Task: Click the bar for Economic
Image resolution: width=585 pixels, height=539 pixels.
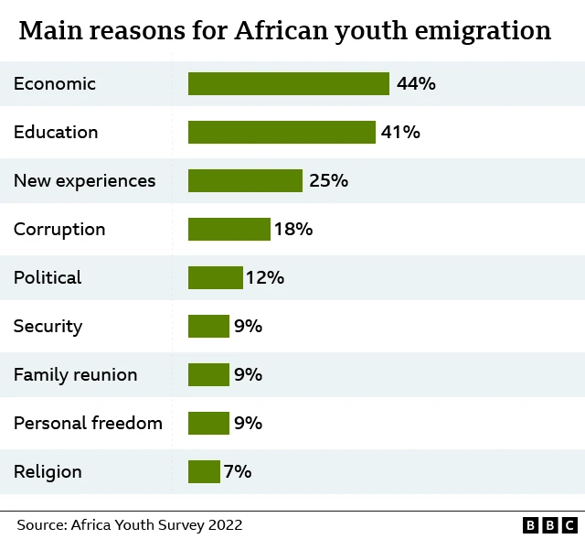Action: (x=289, y=84)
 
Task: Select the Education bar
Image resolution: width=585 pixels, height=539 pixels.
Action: (x=282, y=133)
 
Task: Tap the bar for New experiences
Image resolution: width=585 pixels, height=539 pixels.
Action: (x=245, y=181)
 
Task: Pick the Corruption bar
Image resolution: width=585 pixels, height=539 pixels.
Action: (x=229, y=230)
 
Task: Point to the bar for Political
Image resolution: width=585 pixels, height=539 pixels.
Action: (x=216, y=278)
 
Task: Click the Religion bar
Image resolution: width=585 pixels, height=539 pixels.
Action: (x=204, y=472)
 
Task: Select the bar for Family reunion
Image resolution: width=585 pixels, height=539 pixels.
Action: (x=208, y=375)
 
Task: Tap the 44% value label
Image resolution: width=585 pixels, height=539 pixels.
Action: (x=416, y=84)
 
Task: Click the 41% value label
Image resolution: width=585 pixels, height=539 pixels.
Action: (x=400, y=133)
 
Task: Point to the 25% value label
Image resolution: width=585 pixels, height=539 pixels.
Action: (x=328, y=181)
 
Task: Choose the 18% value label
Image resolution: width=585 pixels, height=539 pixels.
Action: (x=293, y=230)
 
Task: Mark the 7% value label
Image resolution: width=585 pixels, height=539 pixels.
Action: (x=238, y=472)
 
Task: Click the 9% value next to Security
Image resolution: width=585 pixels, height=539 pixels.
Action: (x=248, y=327)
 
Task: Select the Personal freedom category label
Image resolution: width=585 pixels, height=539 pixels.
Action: (x=88, y=424)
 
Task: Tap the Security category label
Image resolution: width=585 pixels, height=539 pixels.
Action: (x=48, y=327)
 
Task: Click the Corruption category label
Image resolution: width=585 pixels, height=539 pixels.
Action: (x=59, y=230)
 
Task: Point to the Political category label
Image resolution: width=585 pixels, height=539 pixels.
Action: (x=48, y=278)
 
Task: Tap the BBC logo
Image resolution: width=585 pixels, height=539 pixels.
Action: (x=550, y=525)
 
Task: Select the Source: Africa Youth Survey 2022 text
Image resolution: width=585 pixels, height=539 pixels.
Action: (x=129, y=525)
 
